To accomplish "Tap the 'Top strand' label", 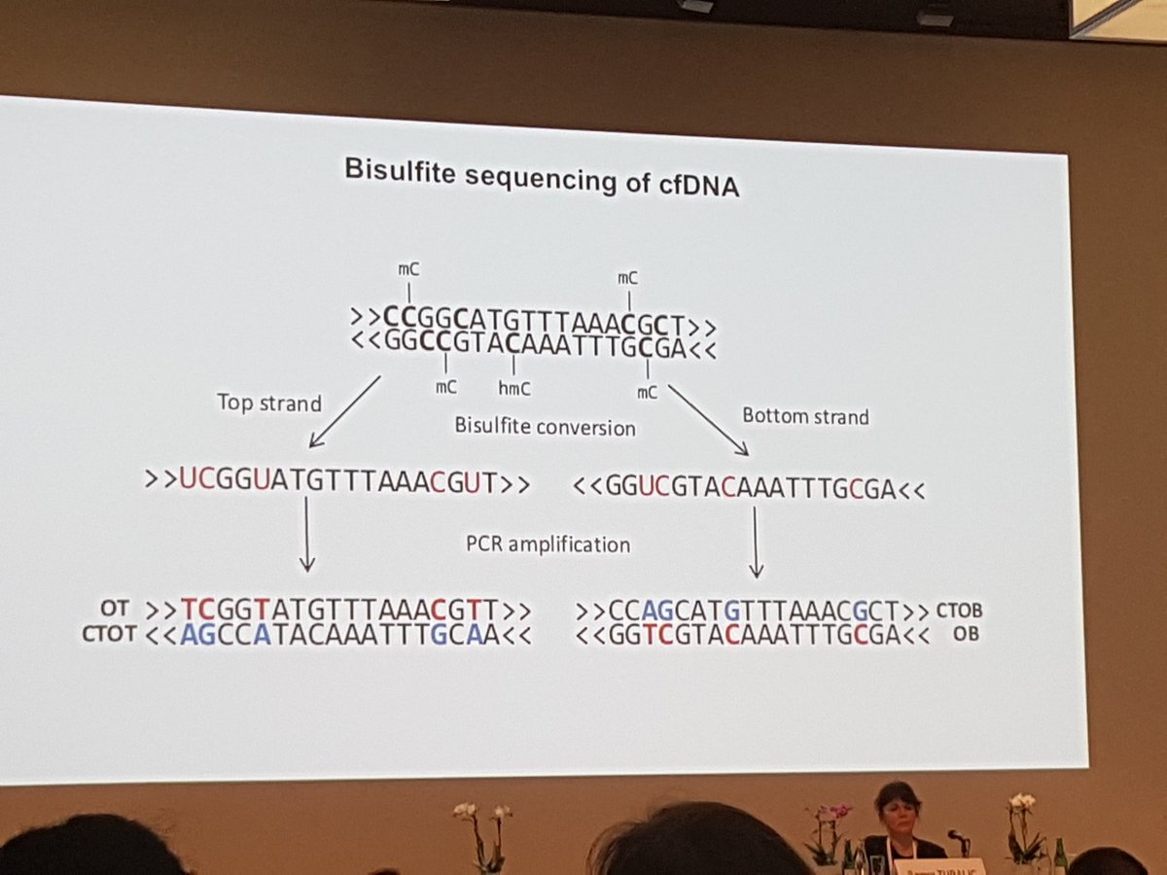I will coord(268,402).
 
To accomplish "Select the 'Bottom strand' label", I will coord(805,415).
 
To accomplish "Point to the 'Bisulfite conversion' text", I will coord(545,426).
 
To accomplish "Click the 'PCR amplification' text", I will coord(548,543).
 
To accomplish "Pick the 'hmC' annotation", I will coord(513,386).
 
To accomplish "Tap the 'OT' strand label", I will coord(115,609).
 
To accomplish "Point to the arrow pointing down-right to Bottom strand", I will coord(707,419).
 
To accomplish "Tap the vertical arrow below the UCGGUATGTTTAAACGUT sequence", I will coord(306,534).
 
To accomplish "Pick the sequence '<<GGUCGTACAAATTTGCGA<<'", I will coord(749,489).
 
